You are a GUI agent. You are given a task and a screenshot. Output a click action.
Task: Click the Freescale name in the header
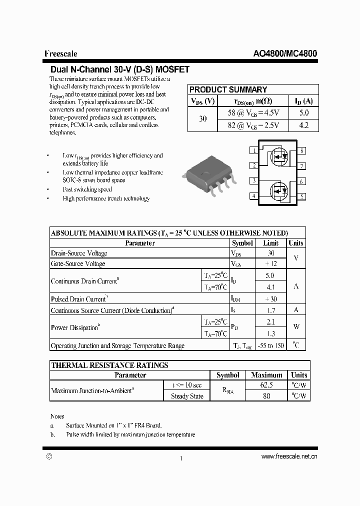[60, 54]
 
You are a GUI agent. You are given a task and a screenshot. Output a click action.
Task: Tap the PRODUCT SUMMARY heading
[228, 89]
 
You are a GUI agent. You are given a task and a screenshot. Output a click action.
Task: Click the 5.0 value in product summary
[303, 113]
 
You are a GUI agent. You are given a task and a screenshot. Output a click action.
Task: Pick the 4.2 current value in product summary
[303, 125]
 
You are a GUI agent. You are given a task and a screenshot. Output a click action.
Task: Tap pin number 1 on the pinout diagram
[254, 150]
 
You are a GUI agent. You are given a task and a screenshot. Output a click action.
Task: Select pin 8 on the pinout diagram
[301, 150]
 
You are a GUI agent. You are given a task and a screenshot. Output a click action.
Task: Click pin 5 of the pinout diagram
[301, 196]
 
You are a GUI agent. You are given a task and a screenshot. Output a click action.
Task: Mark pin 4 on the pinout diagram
[254, 196]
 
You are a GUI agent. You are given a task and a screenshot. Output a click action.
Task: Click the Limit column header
[271, 243]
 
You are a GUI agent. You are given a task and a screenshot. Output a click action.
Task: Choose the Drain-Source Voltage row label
[79, 253]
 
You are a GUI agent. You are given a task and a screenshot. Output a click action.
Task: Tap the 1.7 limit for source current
[271, 310]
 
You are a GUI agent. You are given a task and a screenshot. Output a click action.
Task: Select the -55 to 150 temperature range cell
[271, 345]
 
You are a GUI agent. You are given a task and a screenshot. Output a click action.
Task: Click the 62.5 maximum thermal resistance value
[266, 385]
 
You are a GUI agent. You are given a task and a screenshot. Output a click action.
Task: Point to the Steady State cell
[187, 396]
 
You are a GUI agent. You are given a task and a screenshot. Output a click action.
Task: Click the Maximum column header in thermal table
[266, 375]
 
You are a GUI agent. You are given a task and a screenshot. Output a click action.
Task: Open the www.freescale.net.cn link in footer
[289, 456]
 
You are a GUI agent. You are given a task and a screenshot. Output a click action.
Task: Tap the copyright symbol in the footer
[49, 456]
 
